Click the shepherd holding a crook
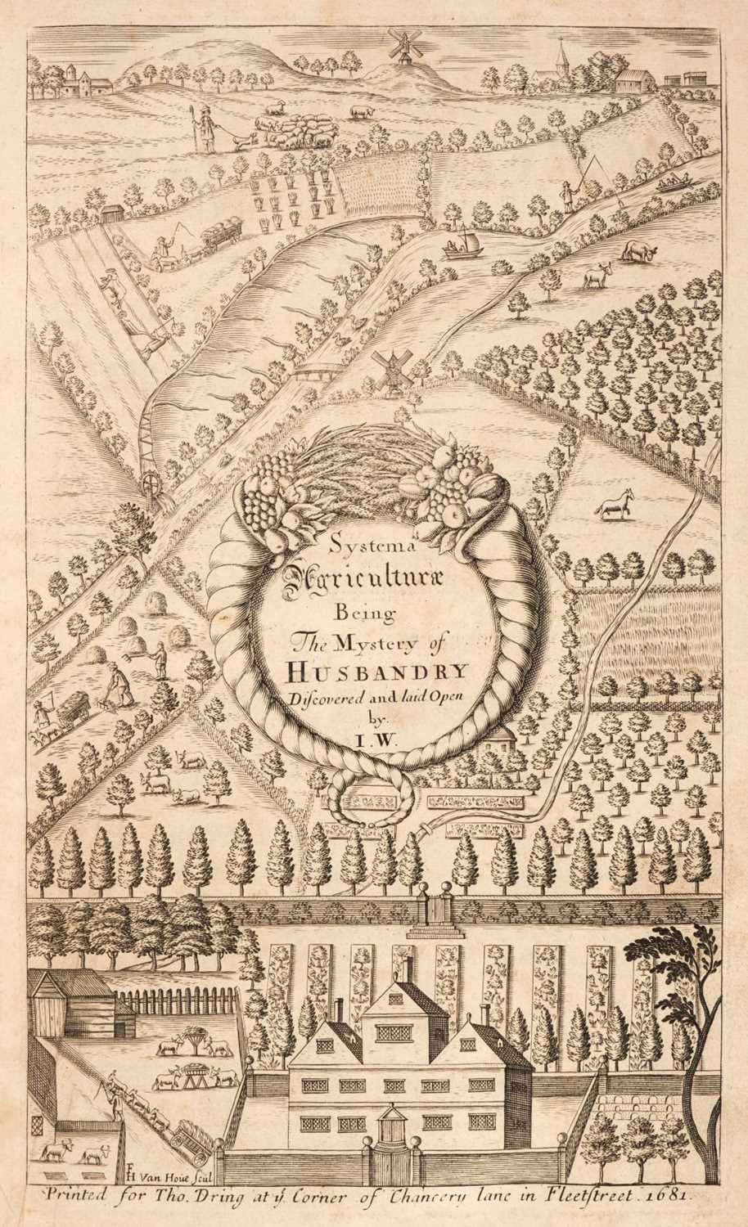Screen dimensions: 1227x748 click(205, 129)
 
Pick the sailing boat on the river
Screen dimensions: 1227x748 click(462, 245)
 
